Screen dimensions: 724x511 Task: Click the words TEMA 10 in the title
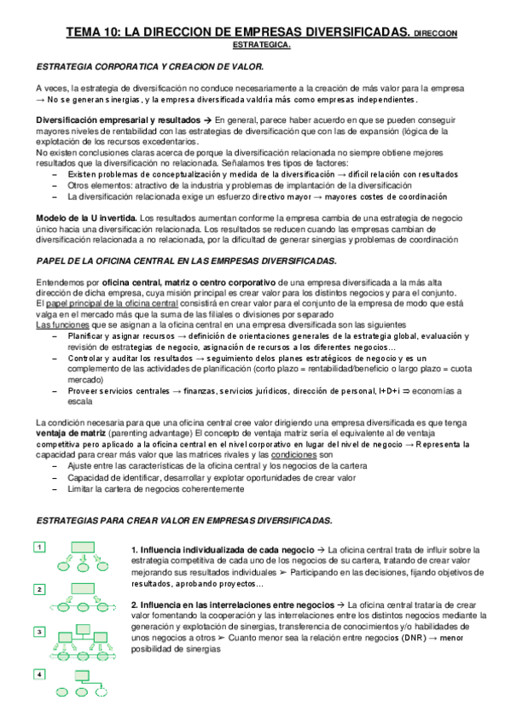click(x=92, y=32)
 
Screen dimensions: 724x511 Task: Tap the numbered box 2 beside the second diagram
click(x=40, y=589)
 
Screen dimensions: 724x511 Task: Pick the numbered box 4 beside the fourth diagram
click(x=40, y=674)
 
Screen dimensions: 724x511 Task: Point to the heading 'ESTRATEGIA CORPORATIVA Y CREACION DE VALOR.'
click(x=150, y=66)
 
